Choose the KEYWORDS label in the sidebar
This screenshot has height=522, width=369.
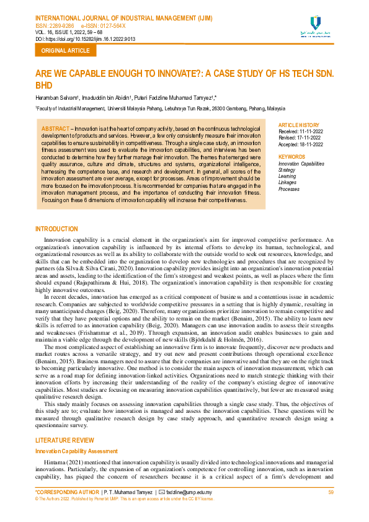(292, 157)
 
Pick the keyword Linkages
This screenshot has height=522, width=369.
(288, 182)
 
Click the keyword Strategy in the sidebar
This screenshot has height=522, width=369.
(287, 170)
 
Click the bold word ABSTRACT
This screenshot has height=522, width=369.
(55, 128)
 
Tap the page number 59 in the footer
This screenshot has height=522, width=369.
(331, 492)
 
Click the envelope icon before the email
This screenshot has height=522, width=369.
(162, 492)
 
